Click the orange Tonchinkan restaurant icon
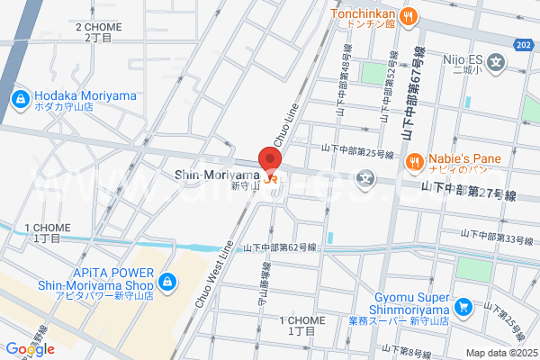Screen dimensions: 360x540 [x=408, y=15]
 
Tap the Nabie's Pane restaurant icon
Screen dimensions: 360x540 [x=414, y=162]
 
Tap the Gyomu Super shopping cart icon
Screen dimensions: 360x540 [x=463, y=308]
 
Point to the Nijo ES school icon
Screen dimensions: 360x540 [x=497, y=61]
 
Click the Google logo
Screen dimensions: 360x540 [x=29, y=349]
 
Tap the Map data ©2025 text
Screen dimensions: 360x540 [x=500, y=352]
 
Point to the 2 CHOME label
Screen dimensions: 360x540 [x=99, y=32]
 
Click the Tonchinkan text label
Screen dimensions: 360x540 [x=363, y=13]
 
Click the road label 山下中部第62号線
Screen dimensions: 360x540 [x=280, y=247]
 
